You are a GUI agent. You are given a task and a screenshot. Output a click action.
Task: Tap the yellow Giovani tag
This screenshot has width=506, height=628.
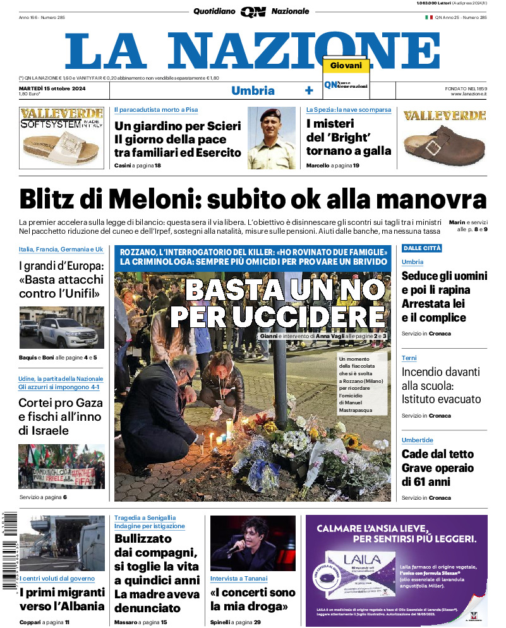click(346, 66)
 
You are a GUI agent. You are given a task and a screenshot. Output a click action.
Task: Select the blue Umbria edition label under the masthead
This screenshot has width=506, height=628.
click(253, 90)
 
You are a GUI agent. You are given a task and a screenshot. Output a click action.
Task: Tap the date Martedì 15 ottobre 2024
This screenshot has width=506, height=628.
click(52, 88)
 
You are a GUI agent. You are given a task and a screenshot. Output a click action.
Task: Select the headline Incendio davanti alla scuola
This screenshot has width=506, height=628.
click(441, 385)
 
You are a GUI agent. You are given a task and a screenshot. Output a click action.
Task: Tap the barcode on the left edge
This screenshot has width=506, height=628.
click(9, 550)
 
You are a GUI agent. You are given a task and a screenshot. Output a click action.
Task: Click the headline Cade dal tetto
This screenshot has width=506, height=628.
click(437, 454)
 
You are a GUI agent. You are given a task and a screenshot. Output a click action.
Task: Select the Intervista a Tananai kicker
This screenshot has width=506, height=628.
click(238, 578)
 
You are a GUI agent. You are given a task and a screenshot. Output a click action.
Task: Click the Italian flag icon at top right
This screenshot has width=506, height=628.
click(428, 18)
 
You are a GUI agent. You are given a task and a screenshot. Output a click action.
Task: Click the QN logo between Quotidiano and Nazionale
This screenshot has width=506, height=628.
click(253, 11)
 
